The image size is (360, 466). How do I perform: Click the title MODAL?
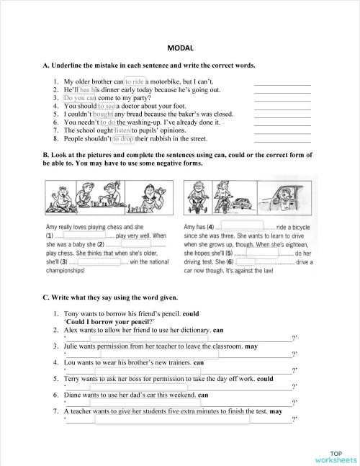179,47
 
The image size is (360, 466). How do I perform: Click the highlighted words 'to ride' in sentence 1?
135,82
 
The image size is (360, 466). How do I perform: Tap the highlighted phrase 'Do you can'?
80,98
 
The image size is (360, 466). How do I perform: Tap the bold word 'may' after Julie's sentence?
251,346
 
